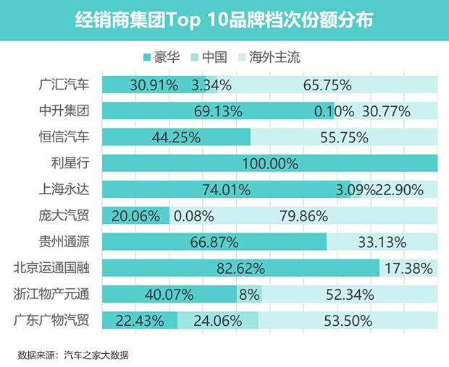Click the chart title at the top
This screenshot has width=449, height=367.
click(224, 20)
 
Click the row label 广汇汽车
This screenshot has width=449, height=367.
click(64, 85)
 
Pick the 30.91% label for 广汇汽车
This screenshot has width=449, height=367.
click(154, 85)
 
